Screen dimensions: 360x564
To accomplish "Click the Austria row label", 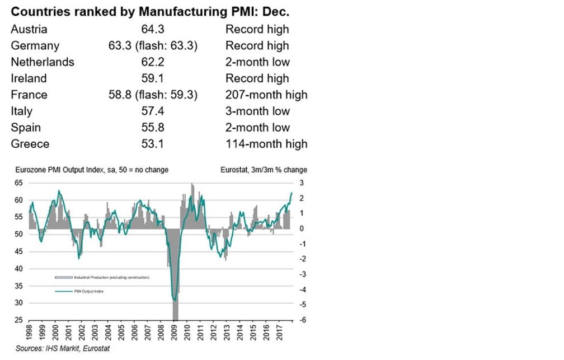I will [29, 29].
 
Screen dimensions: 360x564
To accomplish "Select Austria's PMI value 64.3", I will [152, 29].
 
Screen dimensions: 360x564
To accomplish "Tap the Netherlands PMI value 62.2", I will [152, 62].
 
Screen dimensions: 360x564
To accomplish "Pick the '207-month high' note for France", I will [266, 95].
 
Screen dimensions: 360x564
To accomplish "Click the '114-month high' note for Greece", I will [266, 144].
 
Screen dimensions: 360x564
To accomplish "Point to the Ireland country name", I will [29, 78].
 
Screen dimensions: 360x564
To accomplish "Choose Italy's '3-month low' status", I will [257, 111].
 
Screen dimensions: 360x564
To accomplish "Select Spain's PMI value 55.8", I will [152, 128].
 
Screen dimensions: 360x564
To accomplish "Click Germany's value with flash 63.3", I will [152, 46].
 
